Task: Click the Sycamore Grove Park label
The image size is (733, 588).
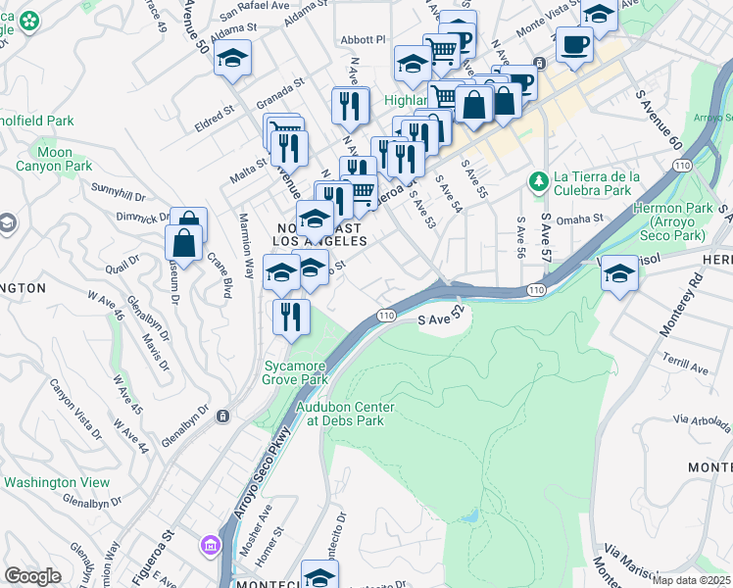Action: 294,372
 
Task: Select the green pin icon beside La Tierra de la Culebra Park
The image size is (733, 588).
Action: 538,182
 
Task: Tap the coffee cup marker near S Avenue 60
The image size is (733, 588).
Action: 574,44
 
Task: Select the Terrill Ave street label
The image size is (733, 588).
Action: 685,364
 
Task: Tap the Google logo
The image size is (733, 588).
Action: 32,575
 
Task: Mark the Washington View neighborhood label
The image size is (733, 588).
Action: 57,482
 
